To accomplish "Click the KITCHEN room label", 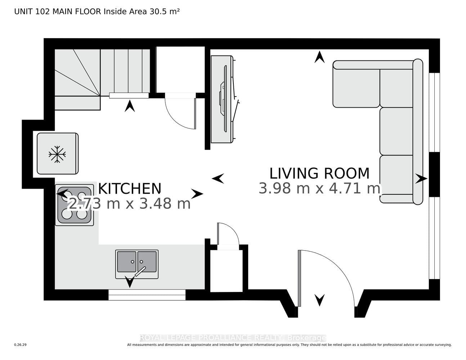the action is (x=130, y=189).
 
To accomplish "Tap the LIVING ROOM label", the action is (x=319, y=174).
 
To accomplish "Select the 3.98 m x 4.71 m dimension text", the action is (x=319, y=188).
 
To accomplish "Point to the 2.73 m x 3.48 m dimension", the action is (x=129, y=203).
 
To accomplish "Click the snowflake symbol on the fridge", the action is (x=57, y=154).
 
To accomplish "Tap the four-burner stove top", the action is (x=75, y=205).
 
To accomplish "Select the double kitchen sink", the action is (x=137, y=264).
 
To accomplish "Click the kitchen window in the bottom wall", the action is (x=147, y=295).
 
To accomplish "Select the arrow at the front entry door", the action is (x=319, y=300).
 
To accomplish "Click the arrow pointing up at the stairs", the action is (x=130, y=106).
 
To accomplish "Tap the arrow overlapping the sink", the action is (x=130, y=282).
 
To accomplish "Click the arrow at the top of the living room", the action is (x=319, y=57).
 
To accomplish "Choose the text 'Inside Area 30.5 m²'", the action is (x=142, y=12).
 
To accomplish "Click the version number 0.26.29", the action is (x=21, y=345).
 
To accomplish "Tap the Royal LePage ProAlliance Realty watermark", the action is (x=233, y=338).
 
